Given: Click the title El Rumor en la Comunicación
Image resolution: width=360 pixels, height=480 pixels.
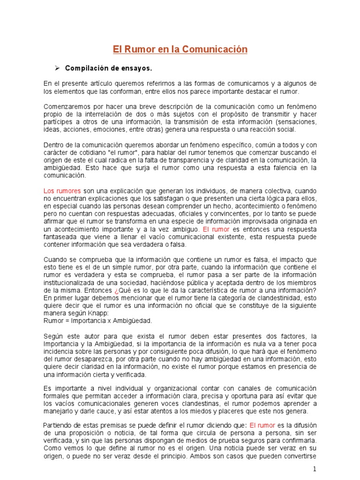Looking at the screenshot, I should [x=180, y=49].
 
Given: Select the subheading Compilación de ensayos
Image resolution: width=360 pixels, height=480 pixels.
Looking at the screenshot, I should [x=108, y=68].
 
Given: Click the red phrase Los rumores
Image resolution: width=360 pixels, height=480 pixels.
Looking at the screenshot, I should [x=62, y=191].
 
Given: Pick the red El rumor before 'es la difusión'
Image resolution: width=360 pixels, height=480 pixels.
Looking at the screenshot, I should [x=262, y=425].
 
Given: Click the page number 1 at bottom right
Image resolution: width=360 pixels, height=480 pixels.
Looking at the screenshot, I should [x=315, y=469].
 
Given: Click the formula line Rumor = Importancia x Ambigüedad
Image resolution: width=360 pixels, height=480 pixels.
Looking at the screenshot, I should [x=97, y=321].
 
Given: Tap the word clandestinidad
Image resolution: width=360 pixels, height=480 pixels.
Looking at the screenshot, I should [x=274, y=298].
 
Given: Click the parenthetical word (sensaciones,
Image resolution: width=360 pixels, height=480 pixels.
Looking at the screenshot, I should [x=295, y=122].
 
